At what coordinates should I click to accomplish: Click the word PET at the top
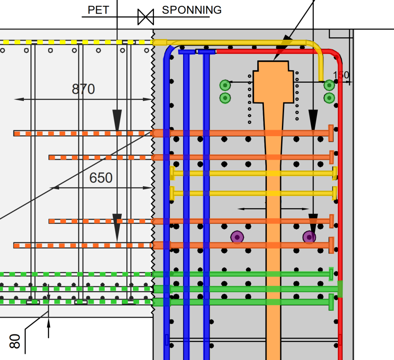pos(98,10)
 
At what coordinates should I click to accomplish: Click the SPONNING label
pos(192,10)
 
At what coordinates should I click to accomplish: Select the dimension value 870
pos(83,89)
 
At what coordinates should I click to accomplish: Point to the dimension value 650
pos(101,178)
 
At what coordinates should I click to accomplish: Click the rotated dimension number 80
pos(15,341)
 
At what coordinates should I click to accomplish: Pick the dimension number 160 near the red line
pos(341,75)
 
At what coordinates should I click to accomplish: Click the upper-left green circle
pos(224,85)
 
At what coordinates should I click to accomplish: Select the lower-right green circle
pos(329,98)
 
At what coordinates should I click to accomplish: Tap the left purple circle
pos(237,237)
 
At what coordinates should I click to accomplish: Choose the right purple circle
pos(309,237)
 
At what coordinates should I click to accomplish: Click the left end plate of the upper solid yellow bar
pos(172,173)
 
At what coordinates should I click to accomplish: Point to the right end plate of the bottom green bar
pos(331,302)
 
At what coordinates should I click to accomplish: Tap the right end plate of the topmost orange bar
pos(331,133)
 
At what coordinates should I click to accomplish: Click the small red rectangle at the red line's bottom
pos(340,339)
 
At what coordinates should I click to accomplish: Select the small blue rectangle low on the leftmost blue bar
pos(167,339)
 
